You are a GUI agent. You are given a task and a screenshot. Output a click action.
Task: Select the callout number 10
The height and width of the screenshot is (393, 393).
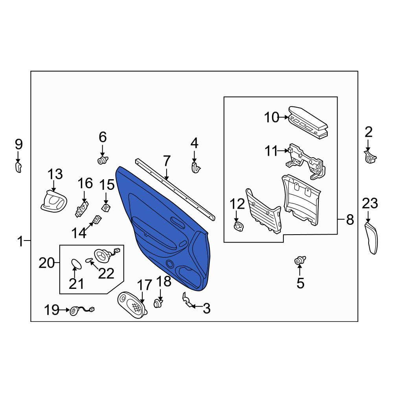coord(272,117)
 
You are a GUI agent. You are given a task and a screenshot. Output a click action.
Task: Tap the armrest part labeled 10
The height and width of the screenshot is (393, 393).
coord(308,122)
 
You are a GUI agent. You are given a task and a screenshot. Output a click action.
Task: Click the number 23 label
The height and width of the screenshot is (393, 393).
coord(370,203)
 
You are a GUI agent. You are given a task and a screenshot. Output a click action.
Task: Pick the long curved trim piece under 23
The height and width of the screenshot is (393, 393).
coord(371,238)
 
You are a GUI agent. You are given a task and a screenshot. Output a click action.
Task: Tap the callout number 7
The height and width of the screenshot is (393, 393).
coord(167,161)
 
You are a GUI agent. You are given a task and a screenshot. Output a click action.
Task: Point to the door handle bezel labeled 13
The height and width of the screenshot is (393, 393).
coord(54,201)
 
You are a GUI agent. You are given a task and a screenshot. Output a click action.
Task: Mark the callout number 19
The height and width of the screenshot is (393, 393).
coord(51,310)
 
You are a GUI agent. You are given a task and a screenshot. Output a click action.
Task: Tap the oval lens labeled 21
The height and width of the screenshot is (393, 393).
coord(76,264)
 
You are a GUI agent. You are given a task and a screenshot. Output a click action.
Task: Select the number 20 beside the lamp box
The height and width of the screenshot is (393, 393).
coord(47,263)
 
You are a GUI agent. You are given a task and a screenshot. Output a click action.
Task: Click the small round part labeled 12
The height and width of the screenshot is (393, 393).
coord(239,226)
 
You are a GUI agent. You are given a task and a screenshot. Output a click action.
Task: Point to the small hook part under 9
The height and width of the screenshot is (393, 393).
coord(18,167)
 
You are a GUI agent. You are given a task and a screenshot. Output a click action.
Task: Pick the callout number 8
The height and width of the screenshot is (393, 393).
coord(350,220)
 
